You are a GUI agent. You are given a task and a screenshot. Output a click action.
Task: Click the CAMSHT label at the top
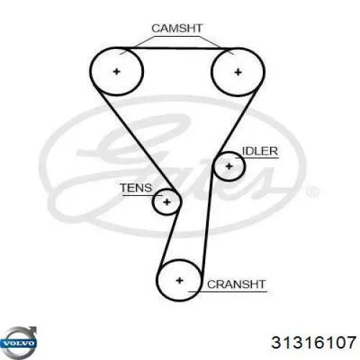[x=177, y=28]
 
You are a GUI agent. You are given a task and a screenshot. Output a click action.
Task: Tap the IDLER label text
[x=260, y=151]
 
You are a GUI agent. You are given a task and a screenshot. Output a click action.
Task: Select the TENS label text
[x=136, y=188]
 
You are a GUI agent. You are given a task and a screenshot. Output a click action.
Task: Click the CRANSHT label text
[x=236, y=284]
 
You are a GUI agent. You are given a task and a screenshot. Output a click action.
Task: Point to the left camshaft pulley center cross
[x=117, y=71]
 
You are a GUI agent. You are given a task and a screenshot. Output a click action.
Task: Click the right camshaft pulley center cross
[x=238, y=72]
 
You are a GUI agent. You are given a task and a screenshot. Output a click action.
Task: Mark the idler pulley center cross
[x=230, y=166]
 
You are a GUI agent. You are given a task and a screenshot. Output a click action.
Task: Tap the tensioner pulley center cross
[x=167, y=202]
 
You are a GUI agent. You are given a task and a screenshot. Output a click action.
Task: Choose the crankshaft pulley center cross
[x=179, y=280]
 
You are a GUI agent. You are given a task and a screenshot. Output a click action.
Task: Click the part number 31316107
[x=313, y=342]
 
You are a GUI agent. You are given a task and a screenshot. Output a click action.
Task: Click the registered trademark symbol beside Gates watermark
[x=312, y=192]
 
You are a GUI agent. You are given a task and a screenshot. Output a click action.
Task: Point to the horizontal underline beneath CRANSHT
[x=228, y=292]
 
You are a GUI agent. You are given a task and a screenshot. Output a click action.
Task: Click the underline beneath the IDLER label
[x=257, y=158]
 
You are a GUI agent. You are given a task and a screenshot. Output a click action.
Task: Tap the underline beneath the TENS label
[x=143, y=195]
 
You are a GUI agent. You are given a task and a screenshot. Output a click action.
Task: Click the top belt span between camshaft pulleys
[x=177, y=49]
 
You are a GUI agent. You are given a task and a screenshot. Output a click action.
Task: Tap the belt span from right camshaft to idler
[x=238, y=120]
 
